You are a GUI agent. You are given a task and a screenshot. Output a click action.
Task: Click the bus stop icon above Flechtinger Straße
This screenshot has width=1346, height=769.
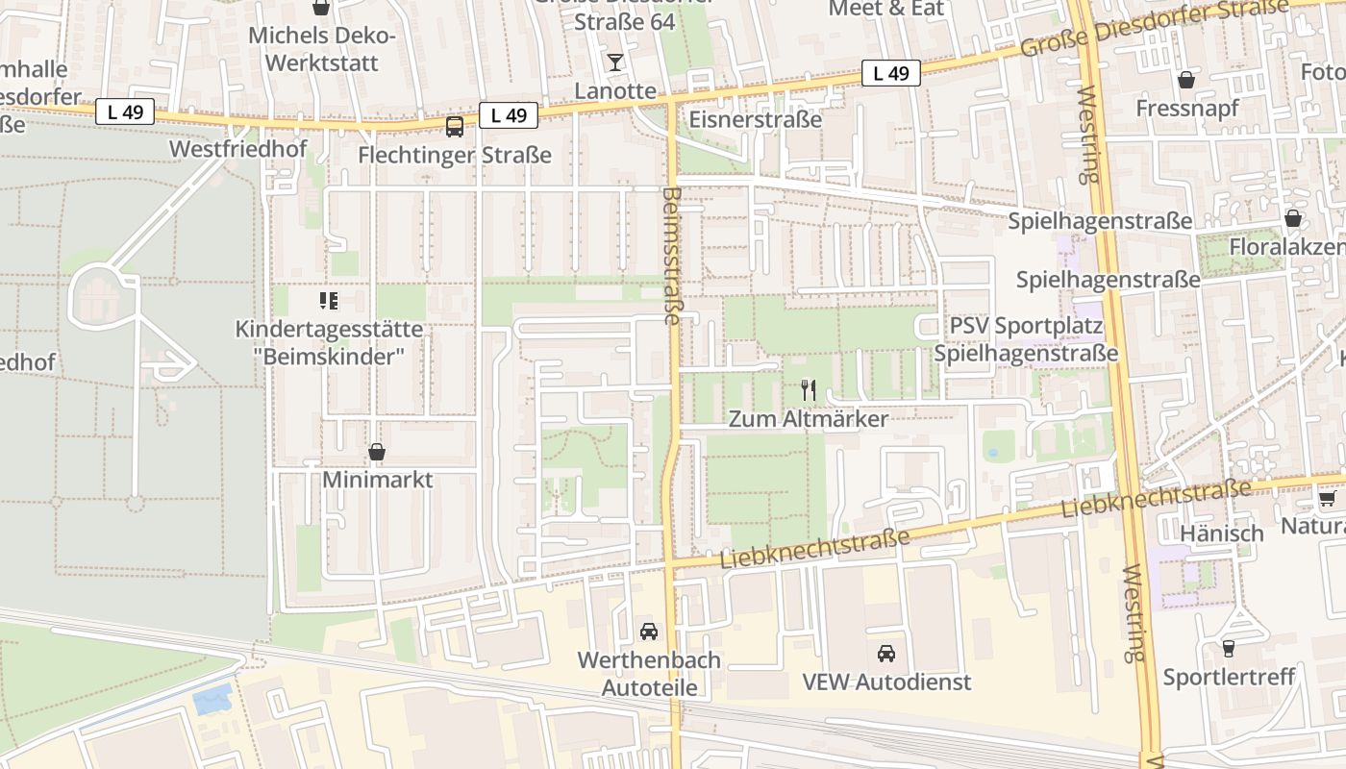click(x=455, y=126)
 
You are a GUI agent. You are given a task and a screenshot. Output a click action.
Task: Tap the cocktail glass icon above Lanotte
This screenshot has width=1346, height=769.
click(x=615, y=62)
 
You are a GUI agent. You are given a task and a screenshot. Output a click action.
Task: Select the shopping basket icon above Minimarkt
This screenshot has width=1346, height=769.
click(x=377, y=452)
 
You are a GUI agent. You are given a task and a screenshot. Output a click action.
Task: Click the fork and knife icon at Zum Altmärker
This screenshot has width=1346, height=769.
click(x=809, y=390)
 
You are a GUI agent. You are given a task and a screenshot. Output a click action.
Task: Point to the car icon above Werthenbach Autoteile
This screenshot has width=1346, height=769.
click(x=649, y=632)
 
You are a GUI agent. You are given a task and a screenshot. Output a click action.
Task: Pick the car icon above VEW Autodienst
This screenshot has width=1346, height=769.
click(x=886, y=654)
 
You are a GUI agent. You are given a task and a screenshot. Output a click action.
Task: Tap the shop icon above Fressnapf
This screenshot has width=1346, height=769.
click(x=1186, y=79)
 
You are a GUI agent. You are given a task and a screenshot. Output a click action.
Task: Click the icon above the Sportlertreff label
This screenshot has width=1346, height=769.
click(x=1228, y=648)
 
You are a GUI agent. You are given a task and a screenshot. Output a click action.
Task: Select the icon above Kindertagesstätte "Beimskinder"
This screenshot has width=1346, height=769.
click(x=329, y=302)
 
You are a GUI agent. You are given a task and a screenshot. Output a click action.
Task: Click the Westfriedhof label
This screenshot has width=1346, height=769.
click(x=237, y=149)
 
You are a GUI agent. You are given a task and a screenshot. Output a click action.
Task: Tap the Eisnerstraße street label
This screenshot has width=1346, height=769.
click(x=756, y=119)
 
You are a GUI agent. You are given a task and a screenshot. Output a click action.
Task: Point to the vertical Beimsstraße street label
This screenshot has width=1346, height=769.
click(x=671, y=255)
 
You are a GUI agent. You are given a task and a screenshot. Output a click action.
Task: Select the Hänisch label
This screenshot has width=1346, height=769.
click(x=1221, y=533)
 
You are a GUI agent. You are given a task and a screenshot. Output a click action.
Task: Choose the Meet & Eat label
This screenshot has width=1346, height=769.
click(x=886, y=9)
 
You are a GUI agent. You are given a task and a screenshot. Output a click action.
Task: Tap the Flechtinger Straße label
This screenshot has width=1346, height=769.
click(x=455, y=155)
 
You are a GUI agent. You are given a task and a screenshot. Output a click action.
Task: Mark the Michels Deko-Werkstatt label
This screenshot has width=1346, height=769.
click(x=322, y=50)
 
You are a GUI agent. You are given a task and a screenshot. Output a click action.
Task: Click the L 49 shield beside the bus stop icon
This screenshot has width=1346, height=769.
click(x=509, y=115)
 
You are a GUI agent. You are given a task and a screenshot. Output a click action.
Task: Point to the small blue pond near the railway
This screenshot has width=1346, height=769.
click(x=212, y=698)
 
